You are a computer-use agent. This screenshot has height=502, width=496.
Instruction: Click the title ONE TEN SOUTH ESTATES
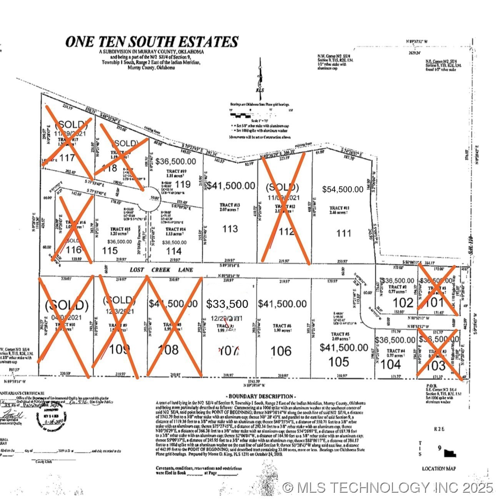pyautogui.click(x=151, y=42)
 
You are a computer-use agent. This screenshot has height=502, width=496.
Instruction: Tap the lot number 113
pyautogui.click(x=230, y=229)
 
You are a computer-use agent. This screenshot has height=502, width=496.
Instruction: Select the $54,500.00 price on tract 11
pyautogui.click(x=343, y=189)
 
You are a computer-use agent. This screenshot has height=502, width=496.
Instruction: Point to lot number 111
pyautogui.click(x=343, y=233)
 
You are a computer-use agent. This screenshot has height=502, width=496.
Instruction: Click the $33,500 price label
pyautogui.click(x=227, y=304)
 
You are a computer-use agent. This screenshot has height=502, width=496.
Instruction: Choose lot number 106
pyautogui.click(x=281, y=350)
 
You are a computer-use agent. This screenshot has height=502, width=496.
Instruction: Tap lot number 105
pyautogui.click(x=339, y=362)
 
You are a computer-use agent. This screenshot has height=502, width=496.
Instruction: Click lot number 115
pyautogui.click(x=110, y=250)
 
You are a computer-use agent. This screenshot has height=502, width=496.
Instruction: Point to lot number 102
pyautogui.click(x=403, y=302)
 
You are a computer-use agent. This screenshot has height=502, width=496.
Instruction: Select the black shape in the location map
pyautogui.click(x=449, y=454)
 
